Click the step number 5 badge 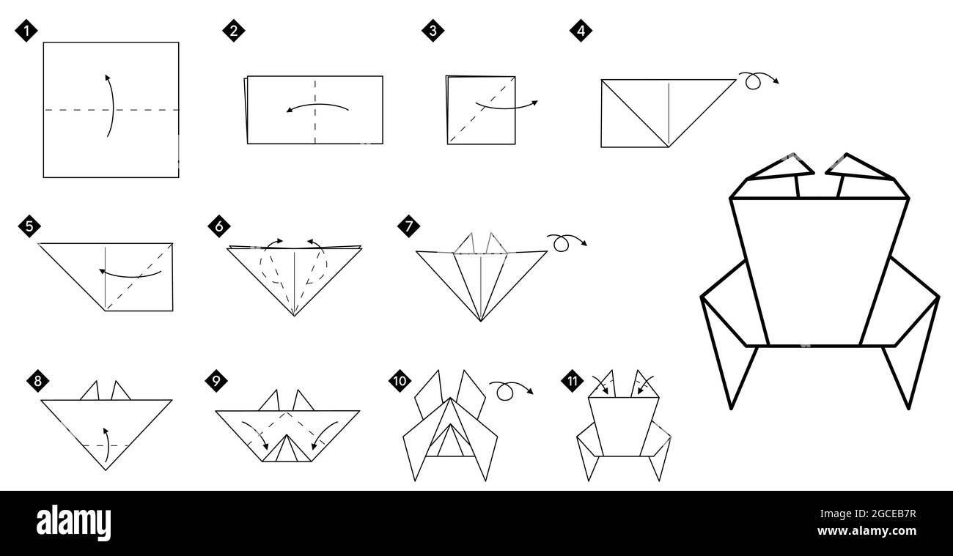tap(29, 226)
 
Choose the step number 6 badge tap(218, 226)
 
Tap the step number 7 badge tap(408, 226)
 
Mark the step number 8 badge tap(38, 381)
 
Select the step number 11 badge tap(572, 381)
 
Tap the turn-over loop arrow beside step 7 tap(566, 242)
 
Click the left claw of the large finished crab tap(780, 170)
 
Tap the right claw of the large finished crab tap(861, 170)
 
